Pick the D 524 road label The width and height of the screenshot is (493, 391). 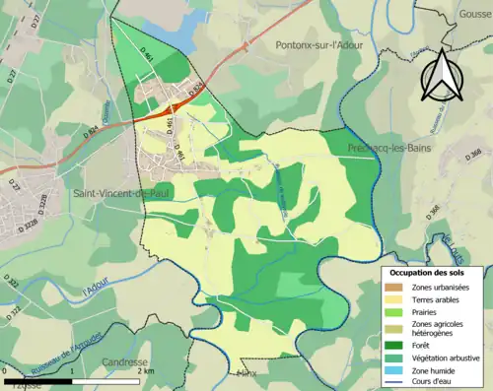194,92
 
